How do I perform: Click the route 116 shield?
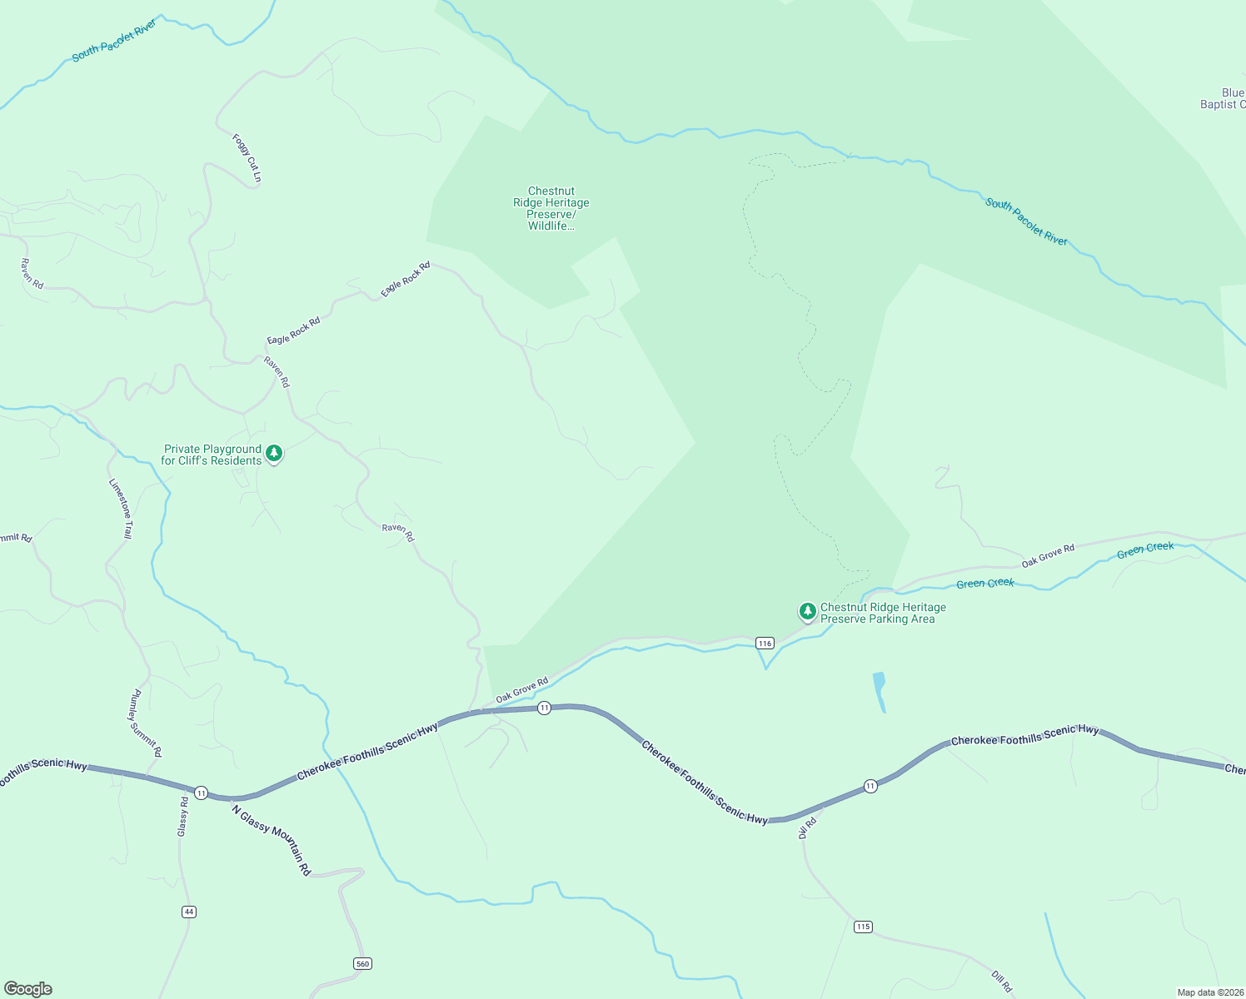[765, 643]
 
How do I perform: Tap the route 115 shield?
[863, 927]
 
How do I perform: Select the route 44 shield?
[189, 912]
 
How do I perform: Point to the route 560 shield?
[361, 963]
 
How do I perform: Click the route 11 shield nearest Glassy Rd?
[202, 793]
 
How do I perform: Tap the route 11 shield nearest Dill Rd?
[870, 786]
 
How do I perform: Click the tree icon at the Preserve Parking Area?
[807, 612]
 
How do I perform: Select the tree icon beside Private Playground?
[274, 454]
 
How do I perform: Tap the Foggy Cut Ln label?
[247, 158]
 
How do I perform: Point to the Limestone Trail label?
[121, 508]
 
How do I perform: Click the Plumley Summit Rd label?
[146, 723]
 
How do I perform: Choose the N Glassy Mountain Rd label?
[272, 840]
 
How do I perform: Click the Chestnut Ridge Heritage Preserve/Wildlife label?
[551, 208]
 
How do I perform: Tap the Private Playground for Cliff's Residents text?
[212, 455]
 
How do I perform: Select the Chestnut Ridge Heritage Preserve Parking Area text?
[883, 613]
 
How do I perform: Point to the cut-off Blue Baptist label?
[1223, 98]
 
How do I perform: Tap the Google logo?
[28, 989]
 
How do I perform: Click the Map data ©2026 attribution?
[1209, 992]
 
